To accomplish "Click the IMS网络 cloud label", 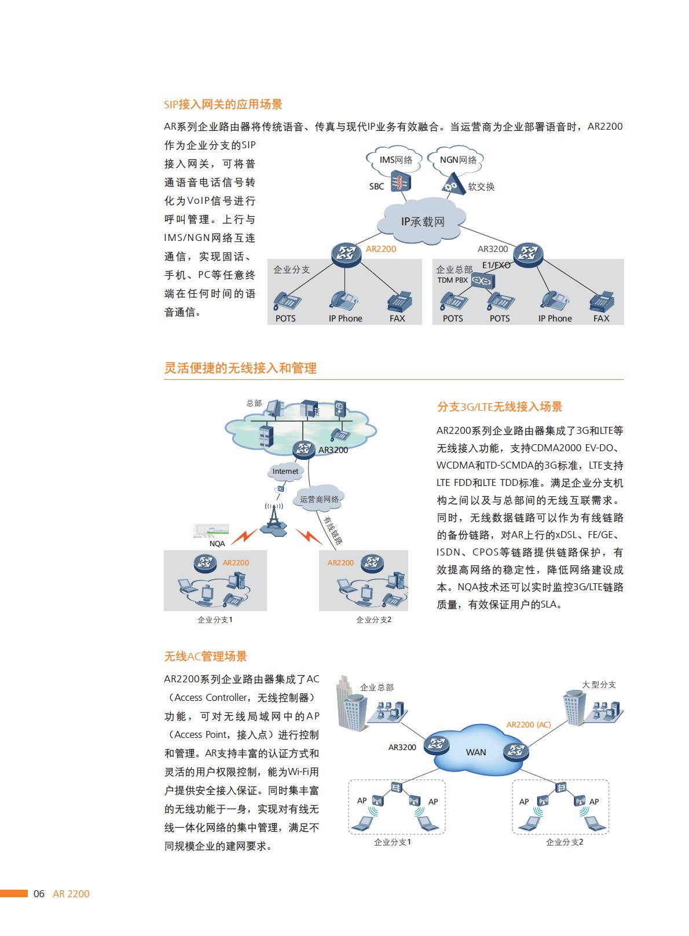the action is [395, 160].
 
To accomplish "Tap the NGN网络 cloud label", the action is [458, 160].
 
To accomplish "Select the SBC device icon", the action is [401, 182].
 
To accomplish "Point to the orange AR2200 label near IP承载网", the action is [381, 249].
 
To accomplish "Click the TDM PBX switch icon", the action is [483, 281].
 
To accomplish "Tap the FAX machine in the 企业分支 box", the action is [399, 301].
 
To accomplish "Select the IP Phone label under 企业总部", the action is [555, 319].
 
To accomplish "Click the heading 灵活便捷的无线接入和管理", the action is [240, 368].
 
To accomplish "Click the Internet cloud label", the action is [285, 471].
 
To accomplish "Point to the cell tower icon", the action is [273, 520].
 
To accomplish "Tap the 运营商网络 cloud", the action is [320, 499].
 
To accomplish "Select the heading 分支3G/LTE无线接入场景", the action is [500, 407].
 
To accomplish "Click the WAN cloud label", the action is [475, 752].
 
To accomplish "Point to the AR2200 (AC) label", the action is [529, 725].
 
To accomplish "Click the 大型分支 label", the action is [599, 685].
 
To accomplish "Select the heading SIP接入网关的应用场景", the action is [223, 104].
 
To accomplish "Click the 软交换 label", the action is [481, 187].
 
